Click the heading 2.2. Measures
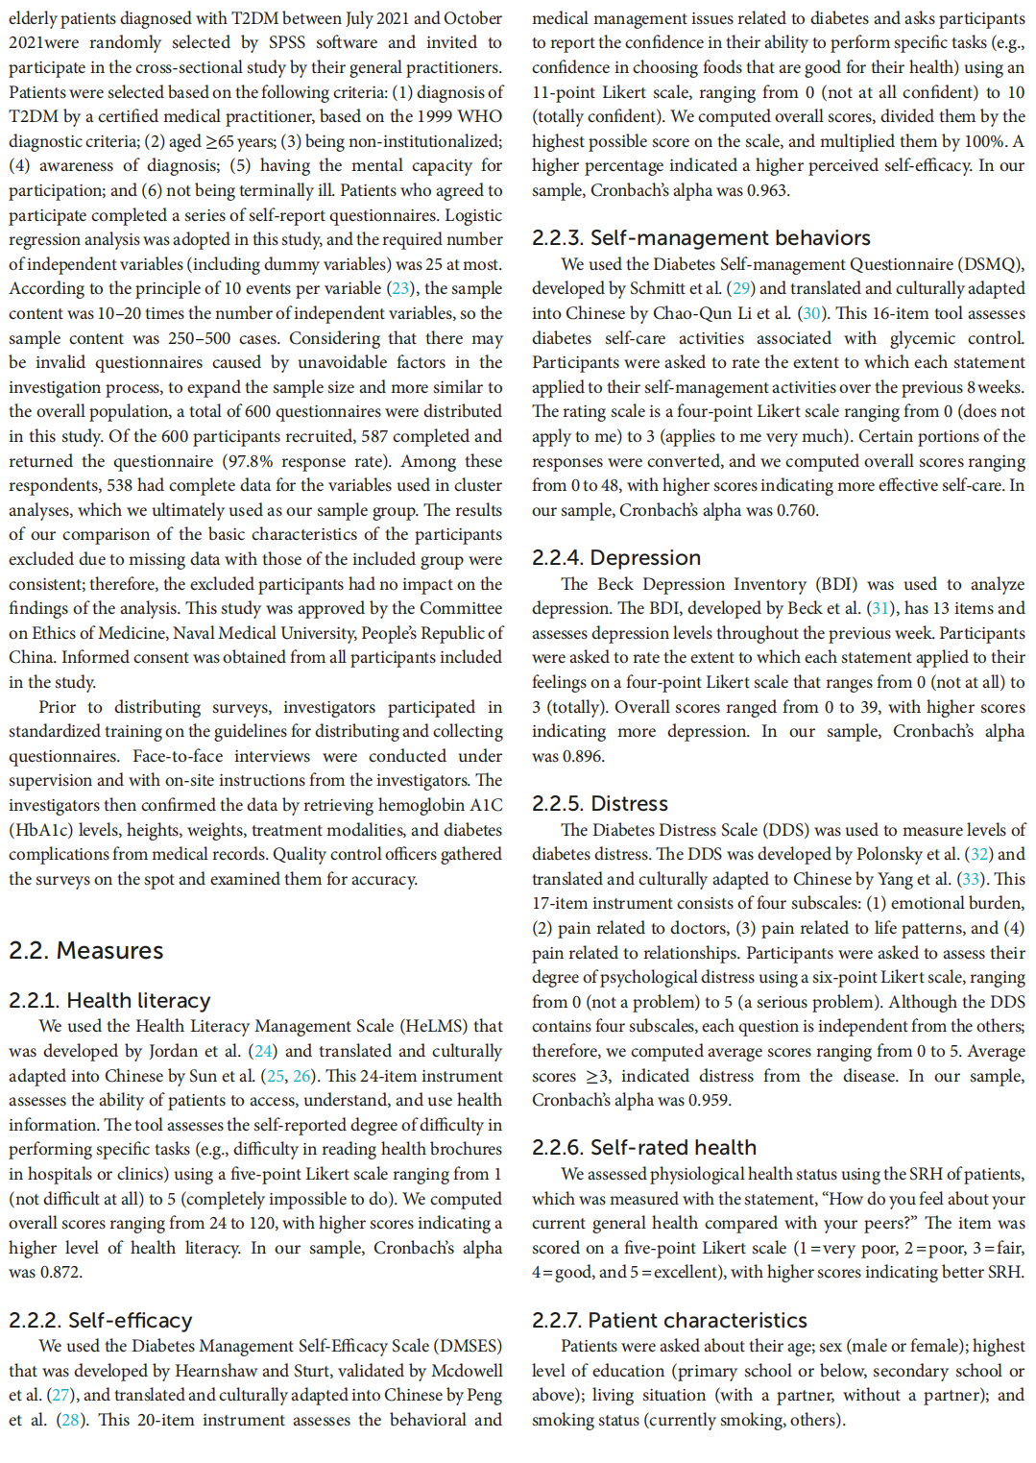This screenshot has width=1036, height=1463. point(86,950)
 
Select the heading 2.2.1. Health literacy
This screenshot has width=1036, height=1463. point(109,1000)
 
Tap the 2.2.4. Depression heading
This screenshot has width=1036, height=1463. point(616,557)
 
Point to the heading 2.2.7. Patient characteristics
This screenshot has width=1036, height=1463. point(669,1320)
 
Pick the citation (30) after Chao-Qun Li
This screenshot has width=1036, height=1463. point(811,313)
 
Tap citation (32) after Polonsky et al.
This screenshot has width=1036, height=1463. point(979,854)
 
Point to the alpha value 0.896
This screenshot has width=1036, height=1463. point(583,756)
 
